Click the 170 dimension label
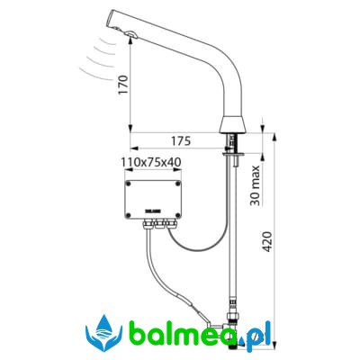pos(123,85)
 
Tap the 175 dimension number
pos(180,140)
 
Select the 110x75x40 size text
pos(151,163)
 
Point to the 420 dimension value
pos(267,242)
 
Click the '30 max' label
pos(256,185)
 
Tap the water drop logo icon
pos(103,333)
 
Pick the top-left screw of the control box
pos(129,183)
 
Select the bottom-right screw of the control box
pos(177,215)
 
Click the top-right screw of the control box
pos(177,183)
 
